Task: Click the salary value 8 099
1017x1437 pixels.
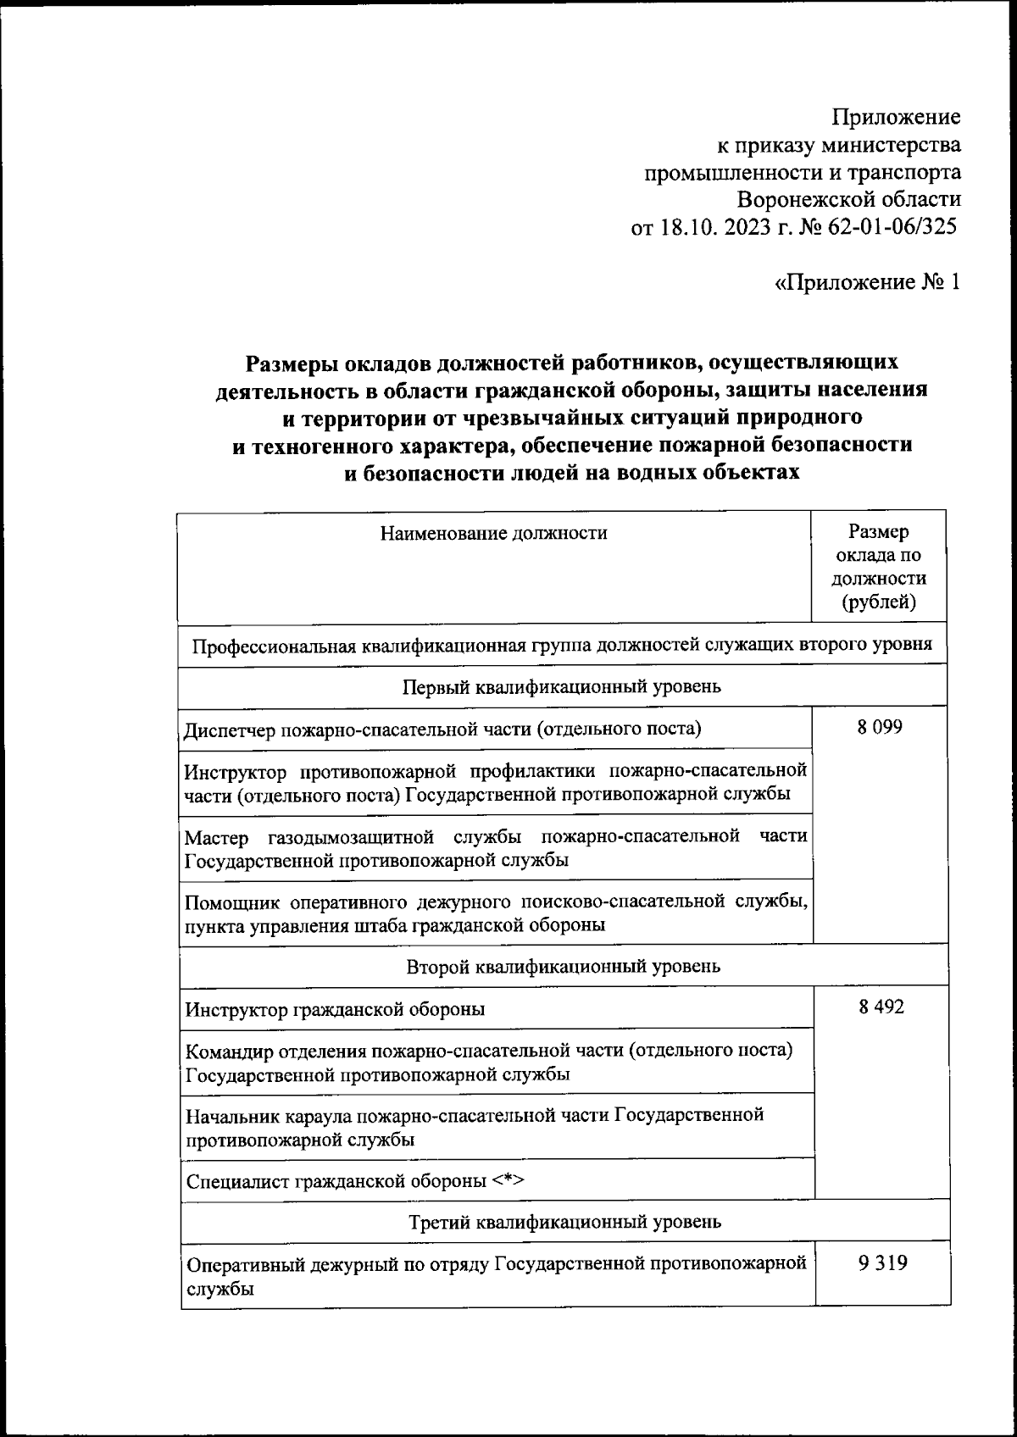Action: point(879,727)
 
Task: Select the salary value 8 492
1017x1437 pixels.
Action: point(881,1007)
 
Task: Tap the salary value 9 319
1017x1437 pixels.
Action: point(882,1263)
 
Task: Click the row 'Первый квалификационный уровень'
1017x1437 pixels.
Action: point(561,685)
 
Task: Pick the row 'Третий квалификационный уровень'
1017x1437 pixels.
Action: point(564,1222)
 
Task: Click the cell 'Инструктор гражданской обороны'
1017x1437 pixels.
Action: point(336,1009)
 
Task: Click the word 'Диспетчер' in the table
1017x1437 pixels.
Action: point(226,729)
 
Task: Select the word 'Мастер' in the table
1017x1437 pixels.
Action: point(217,837)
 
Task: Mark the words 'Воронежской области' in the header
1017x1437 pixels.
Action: point(848,200)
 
